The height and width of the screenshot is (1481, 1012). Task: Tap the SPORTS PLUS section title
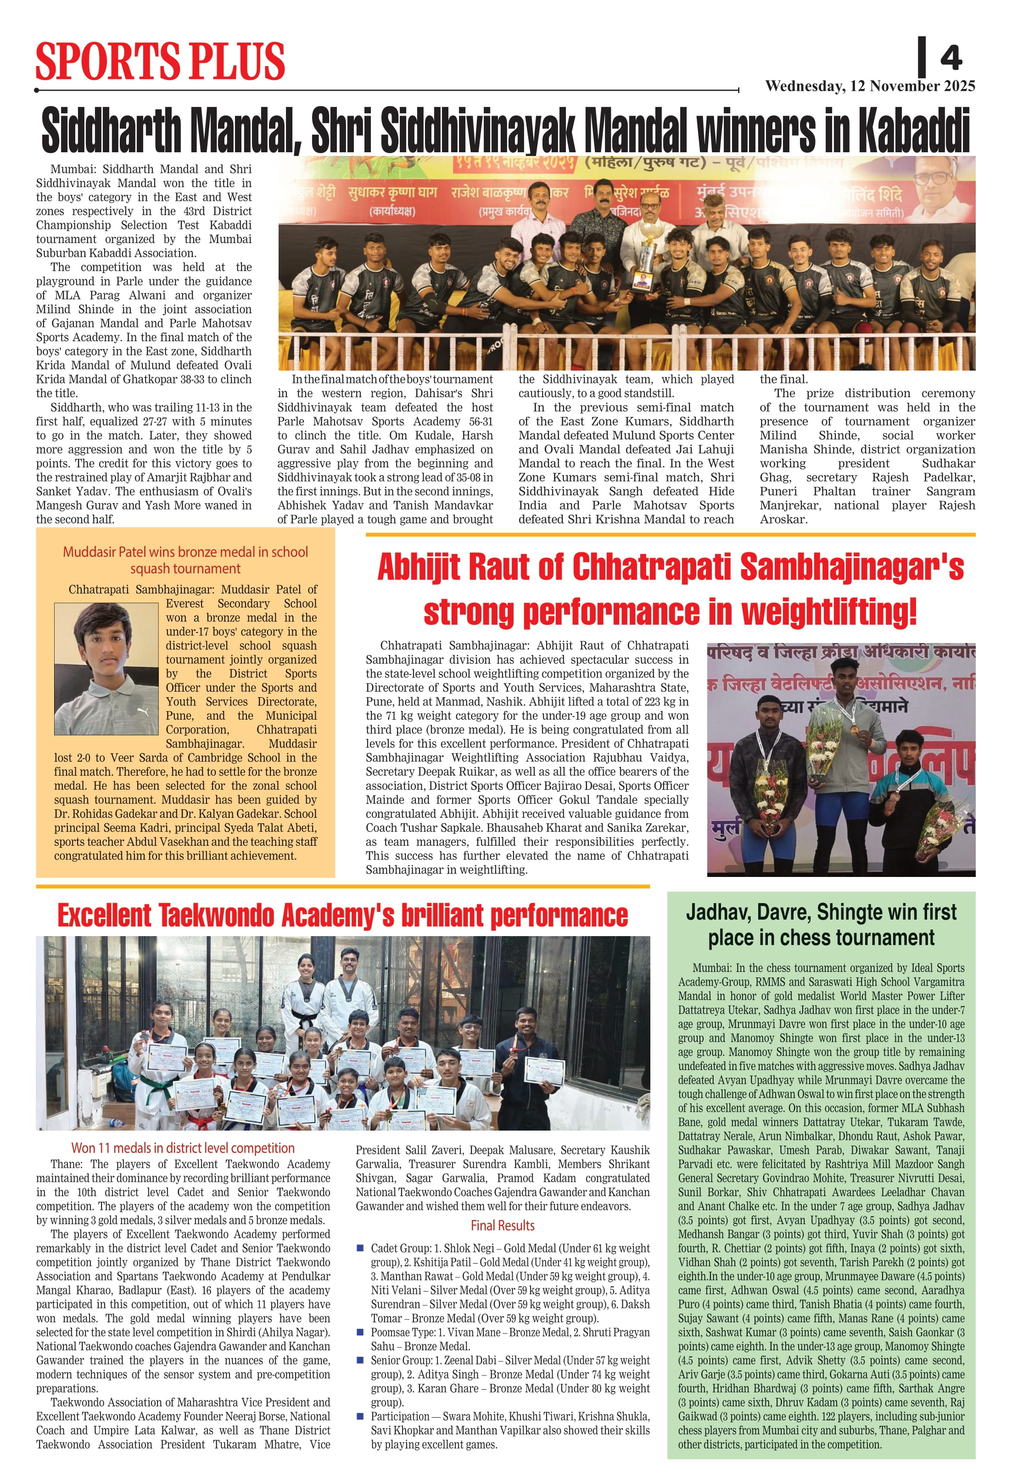point(160,61)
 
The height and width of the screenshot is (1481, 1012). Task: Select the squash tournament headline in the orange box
point(185,560)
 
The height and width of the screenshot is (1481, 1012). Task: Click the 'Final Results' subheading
point(503,1226)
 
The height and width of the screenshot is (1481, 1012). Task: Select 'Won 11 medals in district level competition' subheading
point(183,1148)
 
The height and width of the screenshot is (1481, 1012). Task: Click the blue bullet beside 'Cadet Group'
point(360,1248)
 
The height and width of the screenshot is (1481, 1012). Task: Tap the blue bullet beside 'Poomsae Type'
point(360,1332)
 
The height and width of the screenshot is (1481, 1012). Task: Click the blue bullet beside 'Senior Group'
point(360,1360)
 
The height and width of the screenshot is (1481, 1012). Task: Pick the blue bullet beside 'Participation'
point(360,1416)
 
